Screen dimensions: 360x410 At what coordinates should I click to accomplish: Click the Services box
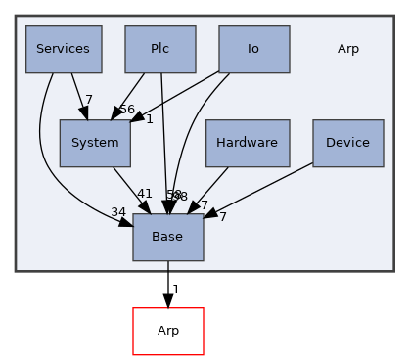pyautogui.click(x=63, y=49)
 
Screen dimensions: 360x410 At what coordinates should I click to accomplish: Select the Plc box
pyautogui.click(x=160, y=49)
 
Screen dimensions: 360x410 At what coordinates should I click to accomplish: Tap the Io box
pyautogui.click(x=253, y=49)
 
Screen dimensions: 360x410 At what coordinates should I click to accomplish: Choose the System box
pyautogui.click(x=94, y=143)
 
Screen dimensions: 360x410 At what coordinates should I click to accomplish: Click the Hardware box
pyautogui.click(x=248, y=143)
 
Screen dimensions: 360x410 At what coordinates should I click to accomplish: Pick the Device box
pyautogui.click(x=347, y=143)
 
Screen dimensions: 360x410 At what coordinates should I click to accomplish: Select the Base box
pyautogui.click(x=168, y=237)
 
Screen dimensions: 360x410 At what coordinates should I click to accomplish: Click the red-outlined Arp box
pyautogui.click(x=168, y=331)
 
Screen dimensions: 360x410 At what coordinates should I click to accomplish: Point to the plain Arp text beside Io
pyautogui.click(x=347, y=49)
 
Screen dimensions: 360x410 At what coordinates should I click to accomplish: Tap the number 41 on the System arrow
pyautogui.click(x=144, y=195)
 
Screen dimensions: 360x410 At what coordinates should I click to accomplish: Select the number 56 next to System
pyautogui.click(x=126, y=109)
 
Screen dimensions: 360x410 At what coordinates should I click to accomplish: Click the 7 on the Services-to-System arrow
pyautogui.click(x=88, y=100)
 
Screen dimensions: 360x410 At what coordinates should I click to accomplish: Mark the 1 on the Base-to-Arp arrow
pyautogui.click(x=176, y=289)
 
